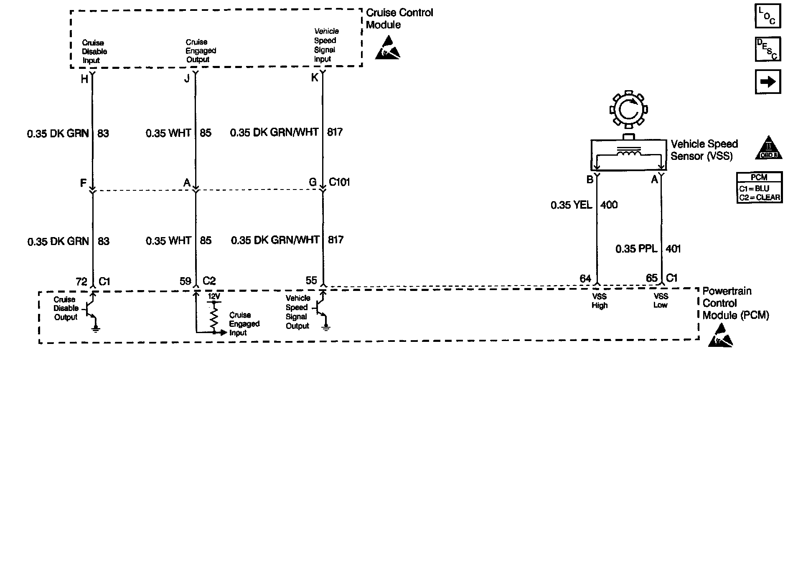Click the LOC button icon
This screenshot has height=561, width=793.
click(768, 16)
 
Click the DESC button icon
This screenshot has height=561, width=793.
click(768, 49)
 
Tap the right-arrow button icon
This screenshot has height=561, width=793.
click(768, 82)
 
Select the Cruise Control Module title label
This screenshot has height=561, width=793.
click(399, 19)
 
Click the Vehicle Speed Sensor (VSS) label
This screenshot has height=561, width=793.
click(704, 150)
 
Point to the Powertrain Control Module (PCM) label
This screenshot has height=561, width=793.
click(735, 303)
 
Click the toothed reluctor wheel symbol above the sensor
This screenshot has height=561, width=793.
click(628, 110)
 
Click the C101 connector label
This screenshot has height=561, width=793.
click(339, 182)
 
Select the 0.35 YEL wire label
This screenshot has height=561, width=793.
click(571, 205)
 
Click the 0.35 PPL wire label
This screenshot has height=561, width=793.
click(636, 249)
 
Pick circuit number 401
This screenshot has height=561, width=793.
click(673, 249)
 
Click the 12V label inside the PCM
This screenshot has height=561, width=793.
click(213, 296)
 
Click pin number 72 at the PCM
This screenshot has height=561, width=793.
click(81, 281)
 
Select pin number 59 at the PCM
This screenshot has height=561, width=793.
click(185, 281)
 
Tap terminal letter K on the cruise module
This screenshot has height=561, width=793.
click(315, 78)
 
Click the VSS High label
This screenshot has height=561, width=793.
click(599, 301)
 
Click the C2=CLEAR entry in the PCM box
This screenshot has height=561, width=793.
click(759, 197)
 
